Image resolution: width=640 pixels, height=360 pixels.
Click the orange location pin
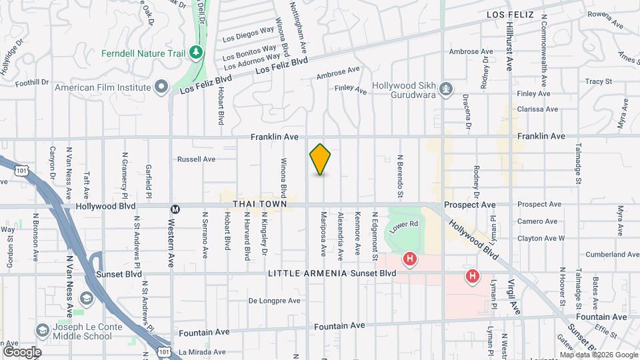click(321, 159)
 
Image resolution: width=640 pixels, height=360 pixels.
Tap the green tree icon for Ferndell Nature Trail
click(195, 52)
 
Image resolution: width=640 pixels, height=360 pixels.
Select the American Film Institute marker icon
click(161, 87)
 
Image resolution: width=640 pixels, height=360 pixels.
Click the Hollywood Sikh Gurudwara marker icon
click(446, 87)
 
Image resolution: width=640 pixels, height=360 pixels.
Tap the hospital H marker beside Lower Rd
click(410, 258)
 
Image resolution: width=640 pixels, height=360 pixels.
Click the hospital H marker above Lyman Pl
click(473, 275)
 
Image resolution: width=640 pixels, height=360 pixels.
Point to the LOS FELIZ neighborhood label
click(511, 14)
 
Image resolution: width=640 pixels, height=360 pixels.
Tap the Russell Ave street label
click(196, 159)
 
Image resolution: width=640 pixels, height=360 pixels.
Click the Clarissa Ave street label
click(537, 109)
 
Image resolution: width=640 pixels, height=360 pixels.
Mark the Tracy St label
click(598, 81)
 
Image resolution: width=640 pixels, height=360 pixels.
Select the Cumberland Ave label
click(608, 255)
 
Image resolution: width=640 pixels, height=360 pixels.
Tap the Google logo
click(22, 352)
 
